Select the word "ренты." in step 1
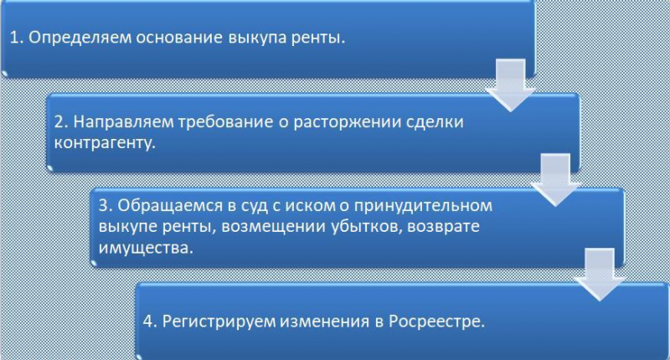pyautogui.click(x=318, y=39)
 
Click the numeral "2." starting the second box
pyautogui.click(x=61, y=122)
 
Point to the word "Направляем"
pyautogui.click(x=123, y=122)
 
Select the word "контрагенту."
pyautogui.click(x=105, y=143)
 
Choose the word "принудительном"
pyautogui.click(x=424, y=206)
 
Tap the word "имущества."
pyautogui.click(x=146, y=248)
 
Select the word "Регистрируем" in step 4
pyautogui.click(x=219, y=321)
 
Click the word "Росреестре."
pyautogui.click(x=436, y=321)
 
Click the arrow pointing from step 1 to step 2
pyautogui.click(x=510, y=85)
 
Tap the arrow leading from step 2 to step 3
pyautogui.click(x=555, y=180)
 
